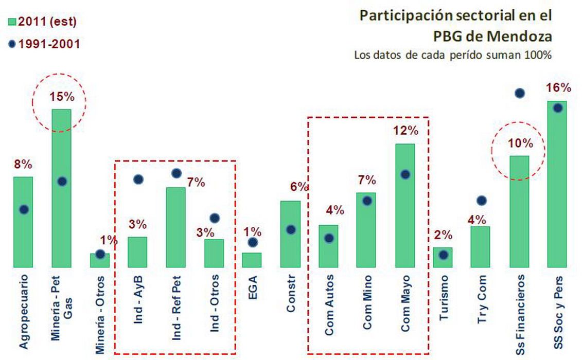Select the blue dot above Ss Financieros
(x=519, y=93)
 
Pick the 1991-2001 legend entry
(x=43, y=44)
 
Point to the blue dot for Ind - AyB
(x=138, y=179)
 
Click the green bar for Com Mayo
(x=405, y=205)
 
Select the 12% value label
(x=405, y=131)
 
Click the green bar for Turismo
(x=443, y=257)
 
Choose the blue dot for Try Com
(x=481, y=201)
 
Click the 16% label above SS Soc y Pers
(x=558, y=87)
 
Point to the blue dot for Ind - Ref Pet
(x=176, y=173)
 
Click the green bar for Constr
(x=290, y=234)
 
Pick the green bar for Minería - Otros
(x=100, y=260)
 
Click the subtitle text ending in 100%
(x=453, y=55)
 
